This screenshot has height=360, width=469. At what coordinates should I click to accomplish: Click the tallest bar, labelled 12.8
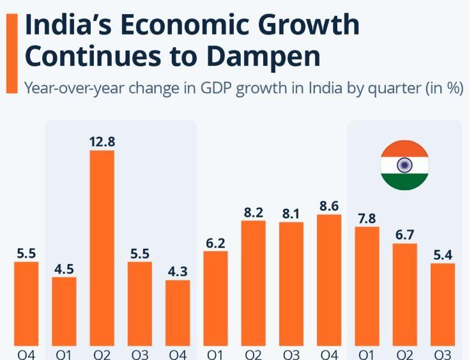[x=102, y=249]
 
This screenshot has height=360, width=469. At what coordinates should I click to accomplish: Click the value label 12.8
[x=102, y=141]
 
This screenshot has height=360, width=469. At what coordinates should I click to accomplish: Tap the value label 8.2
[x=254, y=212]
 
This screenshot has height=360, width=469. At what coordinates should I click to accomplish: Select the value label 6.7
[x=405, y=235]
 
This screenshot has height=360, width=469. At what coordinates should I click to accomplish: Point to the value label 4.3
[x=178, y=271]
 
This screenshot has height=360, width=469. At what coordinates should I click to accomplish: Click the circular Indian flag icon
[x=404, y=165]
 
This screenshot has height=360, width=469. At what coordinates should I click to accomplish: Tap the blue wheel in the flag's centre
[x=404, y=165]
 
